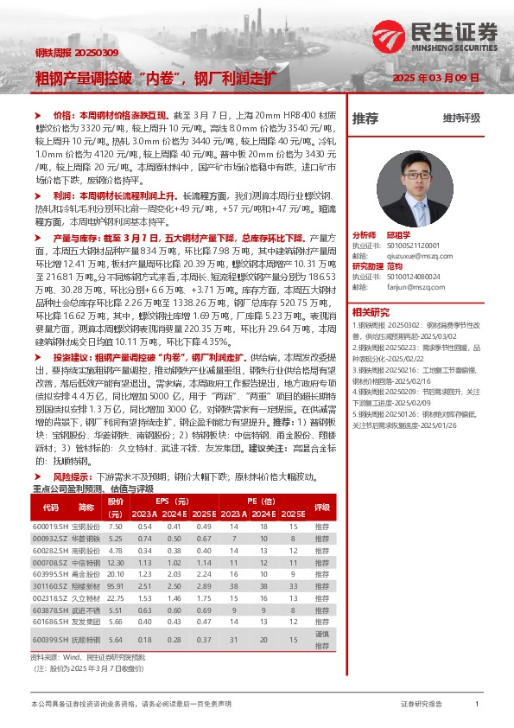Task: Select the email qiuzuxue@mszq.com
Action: tap(407, 255)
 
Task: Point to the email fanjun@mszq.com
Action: tap(402, 286)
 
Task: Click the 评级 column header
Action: tap(322, 508)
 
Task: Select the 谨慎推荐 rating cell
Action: tap(322, 639)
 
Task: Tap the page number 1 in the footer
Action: tap(477, 705)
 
